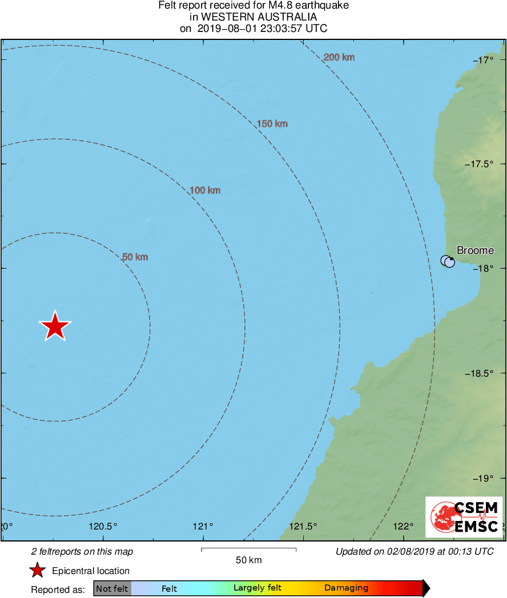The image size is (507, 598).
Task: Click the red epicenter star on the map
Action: [55, 327]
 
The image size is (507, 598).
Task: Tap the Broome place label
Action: [475, 250]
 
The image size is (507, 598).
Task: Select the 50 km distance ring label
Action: [135, 257]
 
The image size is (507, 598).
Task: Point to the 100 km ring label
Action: [205, 191]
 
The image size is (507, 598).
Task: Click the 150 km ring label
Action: [272, 124]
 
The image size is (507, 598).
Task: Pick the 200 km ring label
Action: [339, 57]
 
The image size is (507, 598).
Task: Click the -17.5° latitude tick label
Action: [486, 164]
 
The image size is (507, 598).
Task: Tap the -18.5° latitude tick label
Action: [486, 373]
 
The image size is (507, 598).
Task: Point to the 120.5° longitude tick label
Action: [104, 526]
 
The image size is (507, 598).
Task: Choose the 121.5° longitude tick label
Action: [303, 526]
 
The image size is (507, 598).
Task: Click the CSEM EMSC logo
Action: [464, 517]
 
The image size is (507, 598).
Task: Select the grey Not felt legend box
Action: [112, 588]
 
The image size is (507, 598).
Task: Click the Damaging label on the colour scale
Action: [346, 588]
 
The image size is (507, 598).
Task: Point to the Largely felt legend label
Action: [257, 588]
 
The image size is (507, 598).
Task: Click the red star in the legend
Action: [38, 571]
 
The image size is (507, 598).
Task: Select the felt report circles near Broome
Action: [448, 261]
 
